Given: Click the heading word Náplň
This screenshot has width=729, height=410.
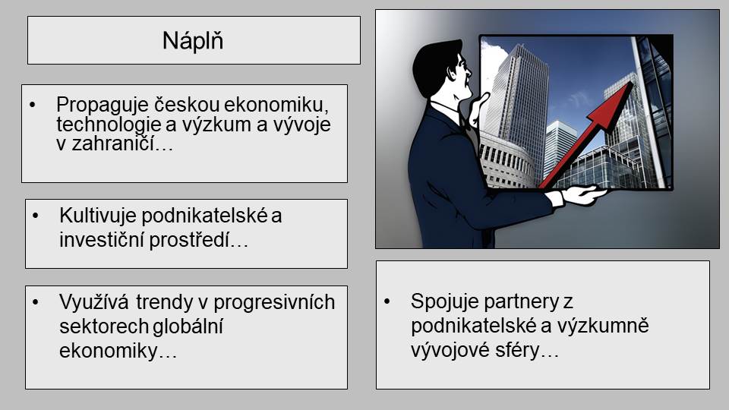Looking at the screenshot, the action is point(193,40).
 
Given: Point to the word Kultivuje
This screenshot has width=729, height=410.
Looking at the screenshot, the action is point(98,216).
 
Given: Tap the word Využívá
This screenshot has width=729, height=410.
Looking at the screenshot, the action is point(93,302).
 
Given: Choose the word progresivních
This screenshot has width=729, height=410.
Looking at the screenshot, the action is point(274,303).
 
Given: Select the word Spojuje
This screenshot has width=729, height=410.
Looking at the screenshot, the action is point(445,302).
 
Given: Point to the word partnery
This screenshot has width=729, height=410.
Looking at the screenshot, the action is point(521,303).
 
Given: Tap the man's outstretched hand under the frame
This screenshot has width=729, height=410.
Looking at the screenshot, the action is point(583,195).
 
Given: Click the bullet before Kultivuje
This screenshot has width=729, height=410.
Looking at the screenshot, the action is point(36,216).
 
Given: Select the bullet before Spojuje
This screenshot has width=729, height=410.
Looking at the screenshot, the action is point(387,301).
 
